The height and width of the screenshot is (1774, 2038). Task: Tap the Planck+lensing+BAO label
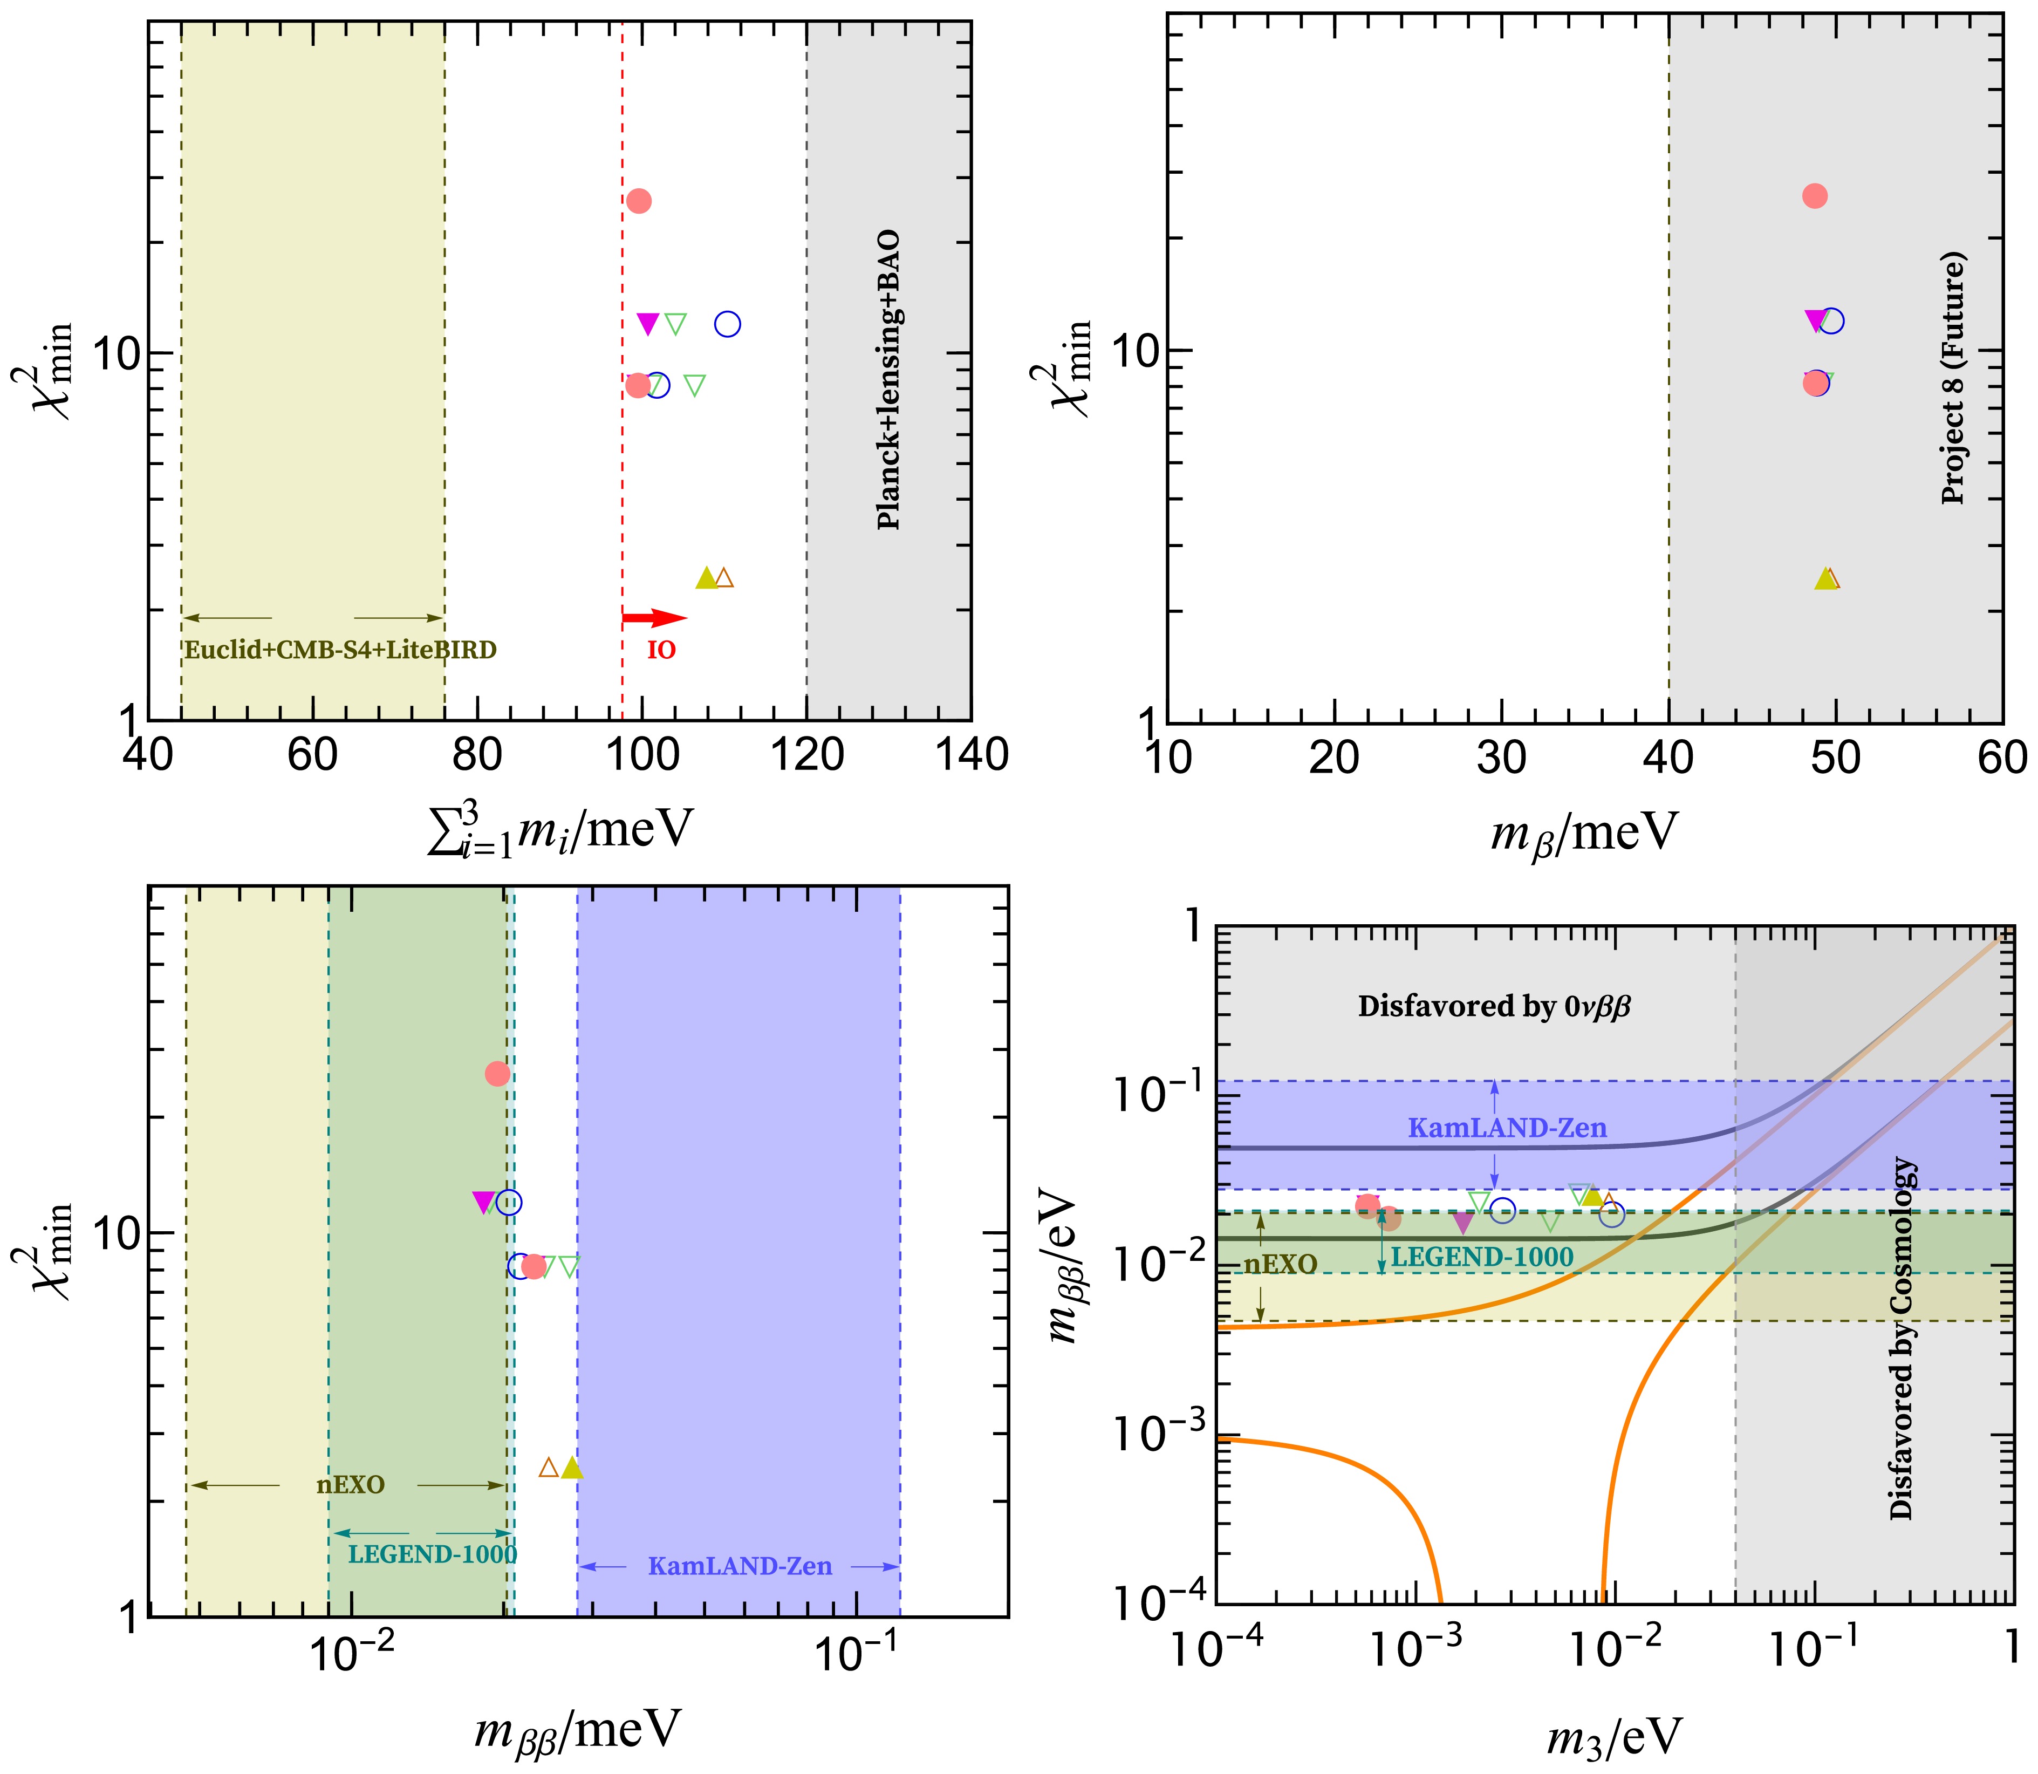pos(889,380)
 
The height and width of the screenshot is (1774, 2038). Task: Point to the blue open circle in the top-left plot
pos(728,324)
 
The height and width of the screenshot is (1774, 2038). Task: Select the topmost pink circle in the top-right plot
pos(1814,196)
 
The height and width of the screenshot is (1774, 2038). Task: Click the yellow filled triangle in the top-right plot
pos(1824,579)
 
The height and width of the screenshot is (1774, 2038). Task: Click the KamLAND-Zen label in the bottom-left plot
pos(740,1566)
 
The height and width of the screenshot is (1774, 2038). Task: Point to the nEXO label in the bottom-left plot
pos(351,1485)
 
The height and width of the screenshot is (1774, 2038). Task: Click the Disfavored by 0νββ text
pos(1494,1007)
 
